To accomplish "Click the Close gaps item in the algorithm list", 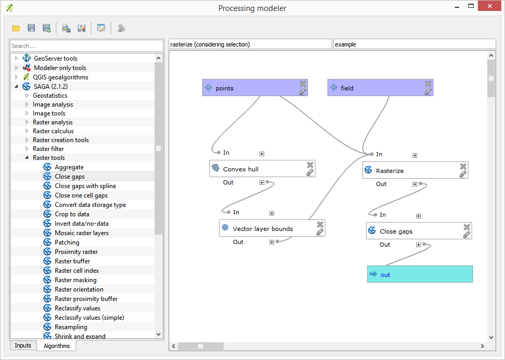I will click(x=69, y=177).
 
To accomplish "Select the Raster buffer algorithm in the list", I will click(x=72, y=261).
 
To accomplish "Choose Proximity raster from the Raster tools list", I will click(x=76, y=252).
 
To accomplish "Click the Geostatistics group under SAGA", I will click(x=50, y=96).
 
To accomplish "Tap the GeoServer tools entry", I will click(x=55, y=59).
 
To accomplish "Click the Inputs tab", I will click(x=23, y=345).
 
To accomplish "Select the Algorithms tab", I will click(x=56, y=345).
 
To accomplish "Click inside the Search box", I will click(x=86, y=46).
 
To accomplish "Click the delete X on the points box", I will click(x=302, y=84).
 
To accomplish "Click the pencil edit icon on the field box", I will click(x=428, y=91).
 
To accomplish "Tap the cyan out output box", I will click(x=419, y=274).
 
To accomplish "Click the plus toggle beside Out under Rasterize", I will click(x=415, y=184).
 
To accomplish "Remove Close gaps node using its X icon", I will click(x=466, y=227).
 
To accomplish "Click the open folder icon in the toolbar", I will click(x=16, y=28).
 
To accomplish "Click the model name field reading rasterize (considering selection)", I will click(x=250, y=44).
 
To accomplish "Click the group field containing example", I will click(x=414, y=44).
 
